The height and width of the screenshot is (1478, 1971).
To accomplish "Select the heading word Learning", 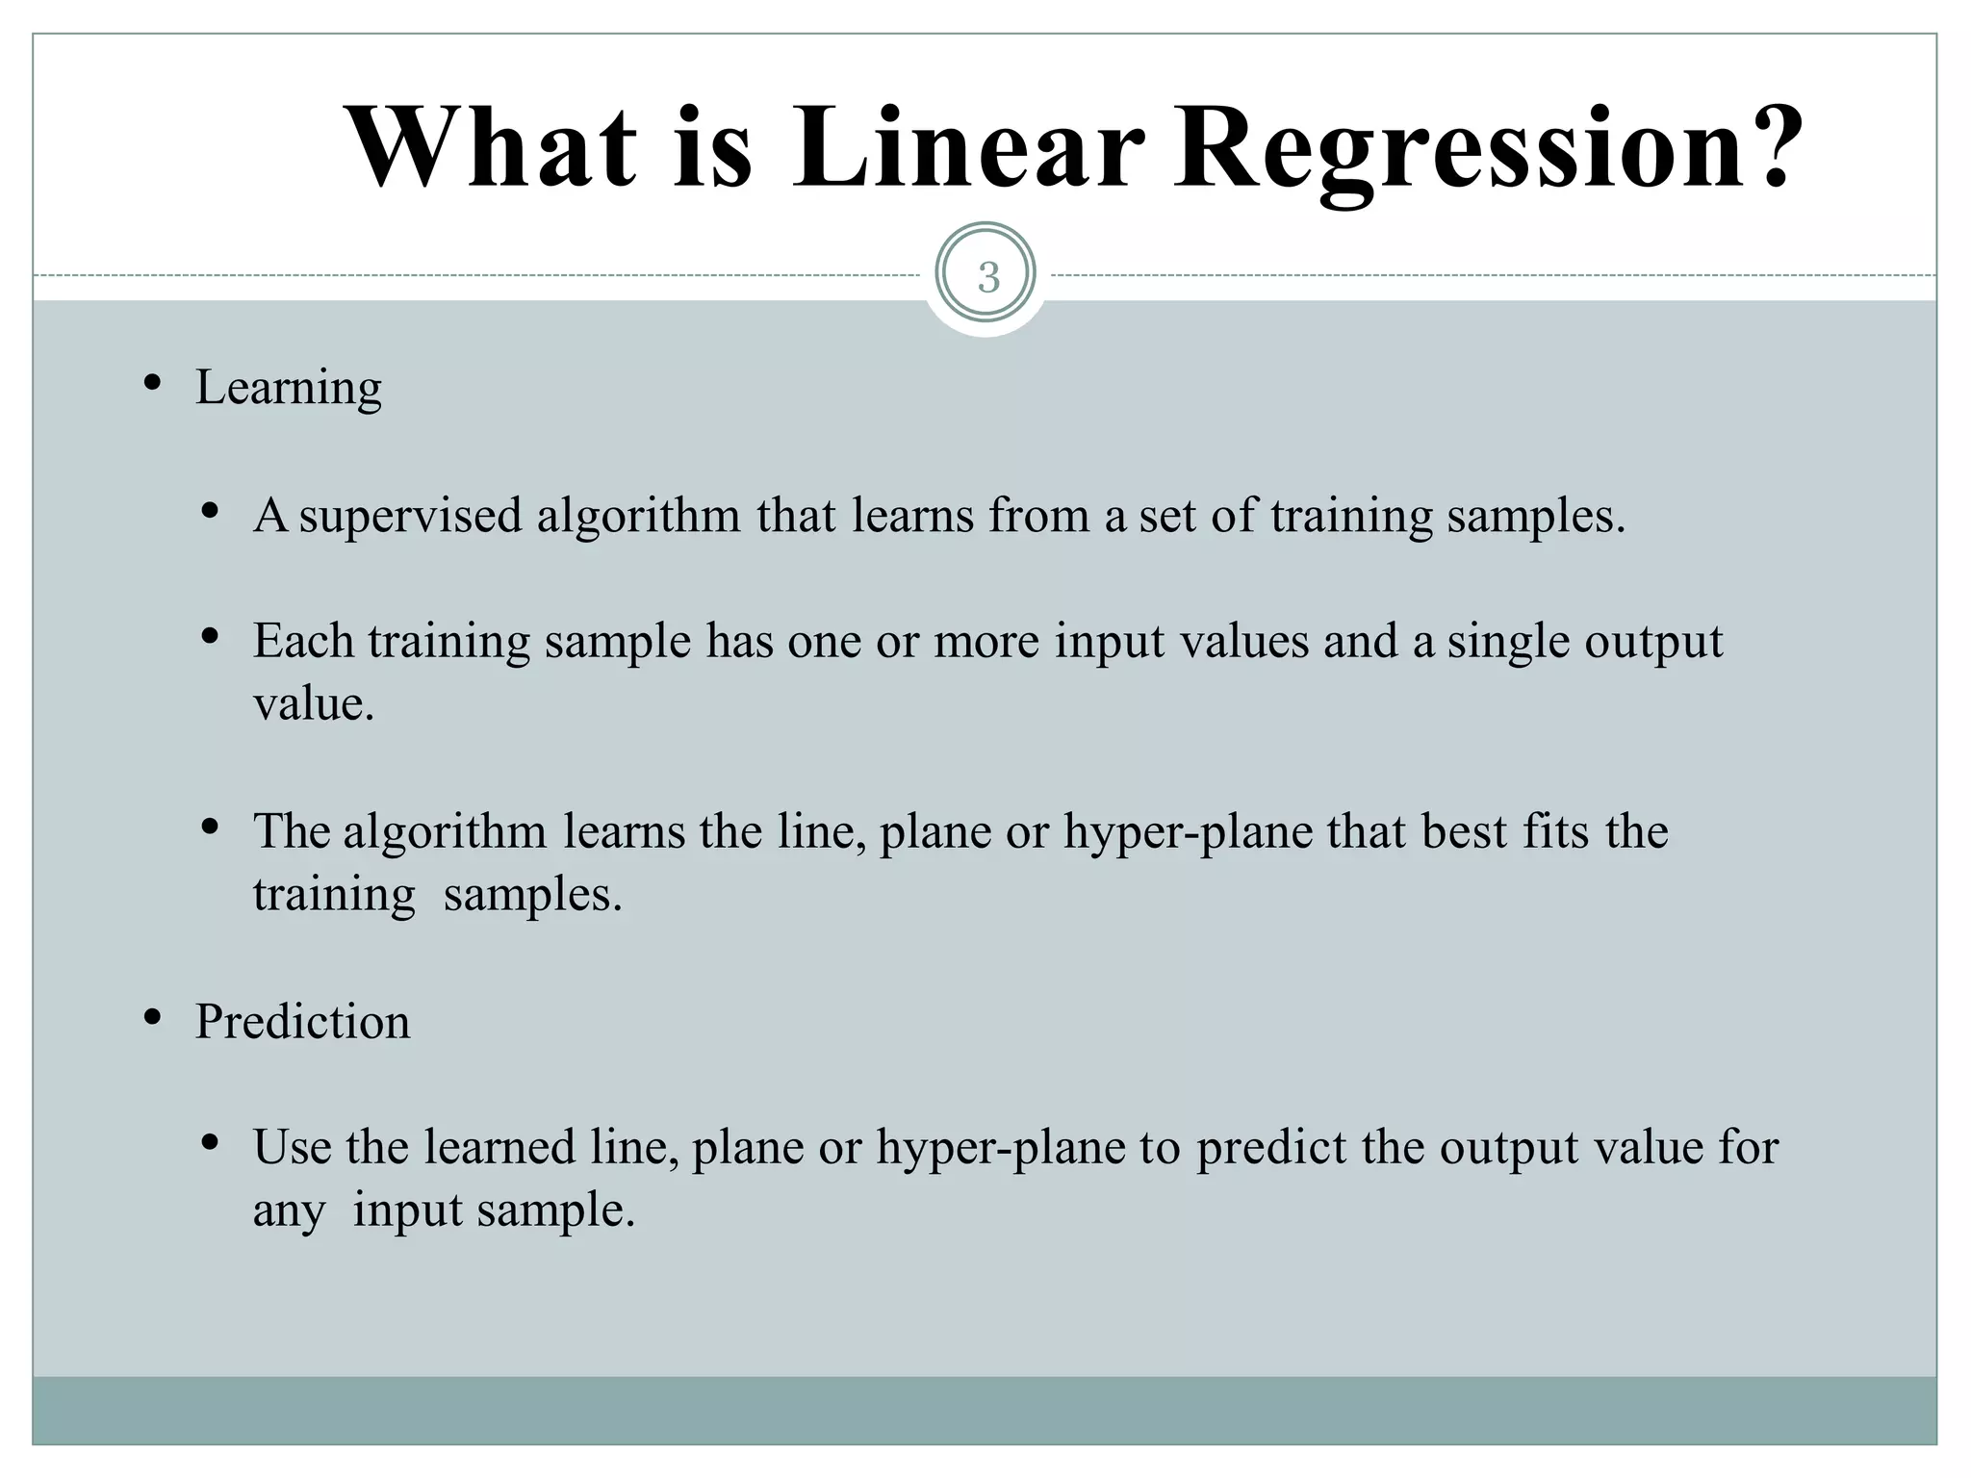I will coord(289,389).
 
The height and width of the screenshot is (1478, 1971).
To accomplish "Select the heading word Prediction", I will coord(302,1022).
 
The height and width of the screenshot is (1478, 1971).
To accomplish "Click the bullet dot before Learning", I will coord(151,384).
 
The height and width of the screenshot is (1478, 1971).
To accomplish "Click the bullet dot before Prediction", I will coord(151,1017).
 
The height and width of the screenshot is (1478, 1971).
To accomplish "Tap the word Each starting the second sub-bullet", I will coord(302,641).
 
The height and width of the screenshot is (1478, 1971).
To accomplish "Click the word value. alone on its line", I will coord(314,704).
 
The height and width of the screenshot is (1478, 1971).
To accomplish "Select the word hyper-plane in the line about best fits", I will coord(1188,831).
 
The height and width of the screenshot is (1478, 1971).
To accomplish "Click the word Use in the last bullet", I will coord(293,1147).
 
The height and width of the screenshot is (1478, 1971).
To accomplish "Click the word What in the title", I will coord(490,149).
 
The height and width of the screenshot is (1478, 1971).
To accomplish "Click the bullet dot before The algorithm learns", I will coord(210,827).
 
